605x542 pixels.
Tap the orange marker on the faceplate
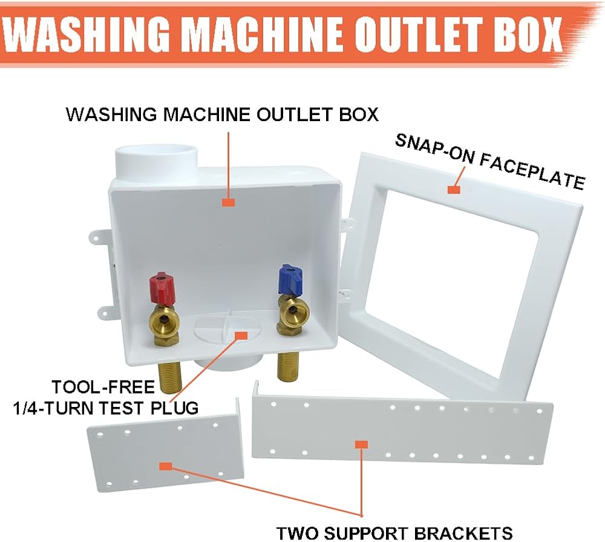tap(453, 190)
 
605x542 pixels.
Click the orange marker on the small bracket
tap(165, 465)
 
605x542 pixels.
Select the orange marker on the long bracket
tap(361, 445)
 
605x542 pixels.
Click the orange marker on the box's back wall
tap(228, 202)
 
